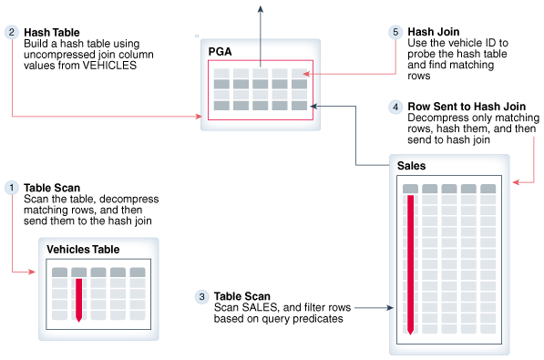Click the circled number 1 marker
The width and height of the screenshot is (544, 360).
pyautogui.click(x=12, y=188)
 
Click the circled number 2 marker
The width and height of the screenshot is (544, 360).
pyautogui.click(x=12, y=32)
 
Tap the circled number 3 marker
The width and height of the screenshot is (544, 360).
pyautogui.click(x=201, y=296)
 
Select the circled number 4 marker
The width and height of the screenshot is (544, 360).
pyautogui.click(x=395, y=107)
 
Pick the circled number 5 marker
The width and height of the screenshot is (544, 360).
pyautogui.click(x=395, y=32)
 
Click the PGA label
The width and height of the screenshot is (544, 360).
pyautogui.click(x=220, y=51)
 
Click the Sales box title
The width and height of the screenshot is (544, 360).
pyautogui.click(x=411, y=166)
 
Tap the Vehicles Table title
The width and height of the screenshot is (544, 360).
pyautogui.click(x=83, y=249)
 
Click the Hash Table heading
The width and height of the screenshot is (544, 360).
pyautogui.click(x=52, y=32)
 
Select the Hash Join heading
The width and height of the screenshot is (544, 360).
pyautogui.click(x=434, y=32)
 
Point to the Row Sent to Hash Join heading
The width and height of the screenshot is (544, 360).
pyautogui.click(x=467, y=107)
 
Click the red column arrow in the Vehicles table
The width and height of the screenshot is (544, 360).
pyautogui.click(x=78, y=300)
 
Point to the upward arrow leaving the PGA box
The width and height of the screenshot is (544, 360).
pyautogui.click(x=261, y=36)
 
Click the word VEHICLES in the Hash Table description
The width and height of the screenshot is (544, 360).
pyautogui.click(x=109, y=66)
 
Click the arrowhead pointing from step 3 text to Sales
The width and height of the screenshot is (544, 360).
pyautogui.click(x=390, y=307)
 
